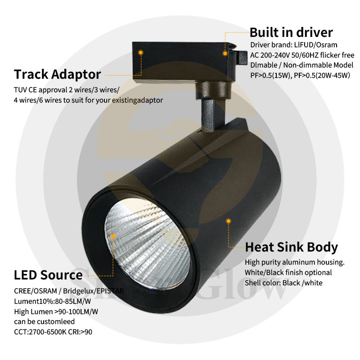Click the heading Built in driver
pyautogui.click(x=291, y=32)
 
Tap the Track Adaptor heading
pyautogui.click(x=57, y=74)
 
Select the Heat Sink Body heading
pyautogui.click(x=291, y=247)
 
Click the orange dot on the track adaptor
pyautogui.click(x=141, y=53)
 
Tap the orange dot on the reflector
pyautogui.click(x=113, y=235)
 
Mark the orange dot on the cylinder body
pyautogui.click(x=229, y=220)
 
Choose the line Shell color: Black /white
pyautogui.click(x=283, y=283)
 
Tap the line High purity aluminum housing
pyautogui.click(x=295, y=262)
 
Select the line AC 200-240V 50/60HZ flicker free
pyautogui.click(x=302, y=55)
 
